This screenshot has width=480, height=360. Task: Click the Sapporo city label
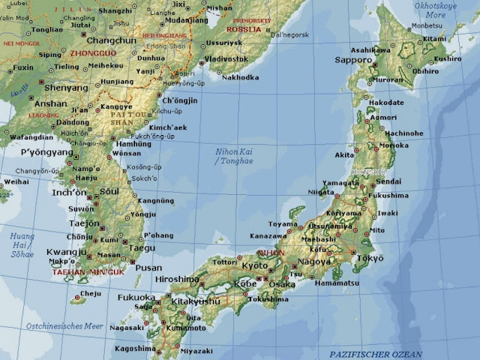pyautogui.click(x=353, y=59)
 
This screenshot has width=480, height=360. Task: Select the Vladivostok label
pyautogui.click(x=226, y=58)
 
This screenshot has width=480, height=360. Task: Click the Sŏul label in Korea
pyautogui.click(x=109, y=191)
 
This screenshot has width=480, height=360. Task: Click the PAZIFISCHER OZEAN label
pyautogui.click(x=376, y=353)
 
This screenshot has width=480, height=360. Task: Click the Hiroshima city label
pyautogui.click(x=177, y=279)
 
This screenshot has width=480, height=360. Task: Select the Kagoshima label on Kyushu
pyautogui.click(x=135, y=349)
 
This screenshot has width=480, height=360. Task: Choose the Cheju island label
pyautogui.click(x=90, y=293)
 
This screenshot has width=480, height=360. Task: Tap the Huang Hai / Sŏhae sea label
pyautogui.click(x=22, y=244)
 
